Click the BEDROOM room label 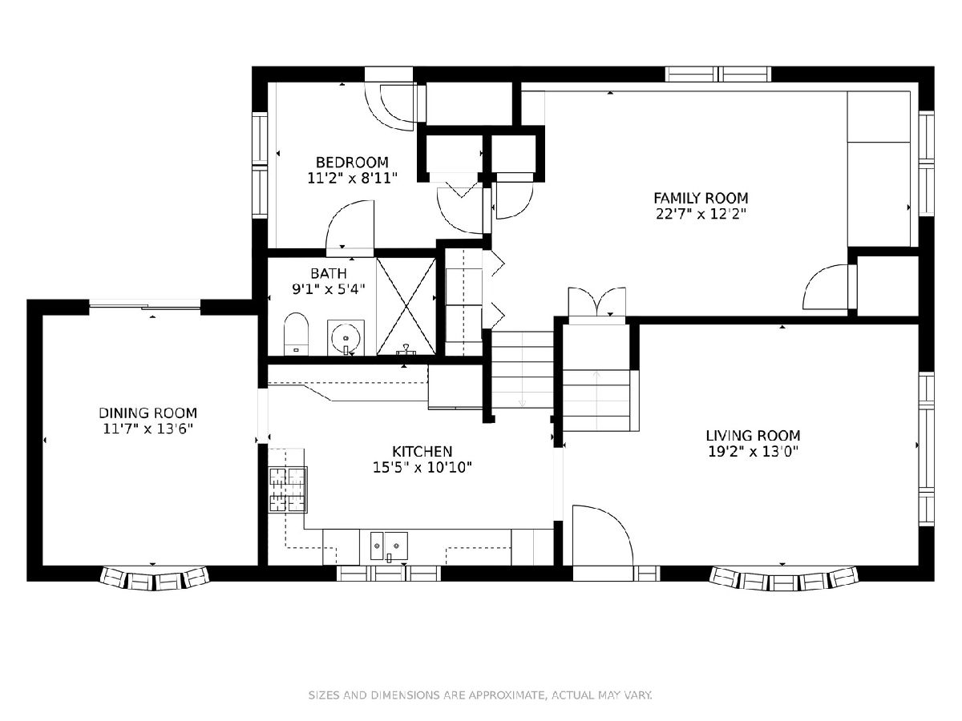click(x=352, y=163)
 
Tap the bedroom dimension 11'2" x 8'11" click(x=353, y=179)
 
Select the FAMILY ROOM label click(x=701, y=199)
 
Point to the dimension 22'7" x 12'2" click(x=701, y=215)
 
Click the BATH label click(x=329, y=274)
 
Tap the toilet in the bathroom click(x=297, y=334)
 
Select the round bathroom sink click(x=346, y=337)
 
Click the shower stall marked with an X click(x=406, y=305)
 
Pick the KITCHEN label click(x=422, y=451)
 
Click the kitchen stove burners click(x=288, y=489)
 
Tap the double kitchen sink click(x=389, y=546)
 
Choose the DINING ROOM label click(x=148, y=413)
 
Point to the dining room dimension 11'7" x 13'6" click(x=148, y=429)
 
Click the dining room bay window click(x=154, y=578)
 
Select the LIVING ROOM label click(x=753, y=436)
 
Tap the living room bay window click(x=783, y=578)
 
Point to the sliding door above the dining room click(x=145, y=305)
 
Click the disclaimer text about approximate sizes click(x=481, y=695)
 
